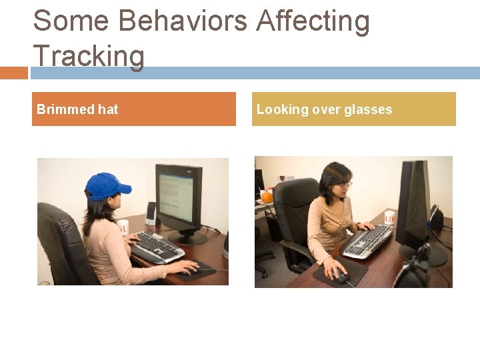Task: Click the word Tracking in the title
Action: [88, 56]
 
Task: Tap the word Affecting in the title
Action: [313, 21]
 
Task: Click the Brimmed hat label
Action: [77, 109]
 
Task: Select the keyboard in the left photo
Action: [157, 247]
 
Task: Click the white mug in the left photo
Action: [123, 227]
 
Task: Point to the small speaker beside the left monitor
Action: [151, 213]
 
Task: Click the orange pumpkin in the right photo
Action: [267, 197]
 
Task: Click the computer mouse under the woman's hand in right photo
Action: [339, 274]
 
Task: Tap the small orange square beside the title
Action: [13, 73]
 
